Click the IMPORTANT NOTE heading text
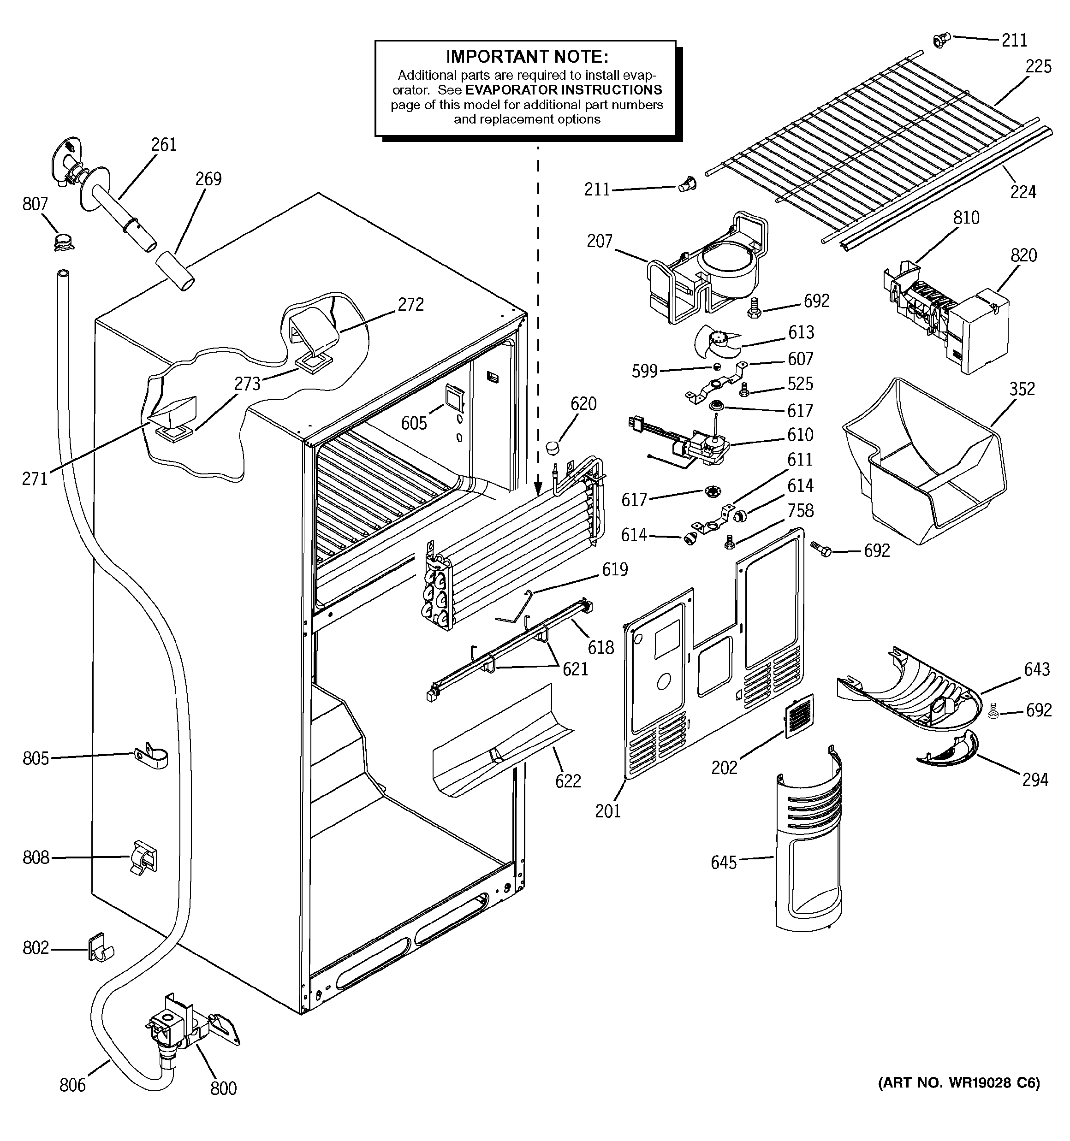(x=527, y=56)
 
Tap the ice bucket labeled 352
(x=925, y=465)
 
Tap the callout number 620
(x=583, y=403)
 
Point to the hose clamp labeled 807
(x=64, y=242)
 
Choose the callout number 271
(x=35, y=478)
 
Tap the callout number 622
(x=568, y=780)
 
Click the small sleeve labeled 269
(x=175, y=270)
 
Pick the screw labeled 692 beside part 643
(x=995, y=713)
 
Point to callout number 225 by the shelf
(x=1039, y=66)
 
